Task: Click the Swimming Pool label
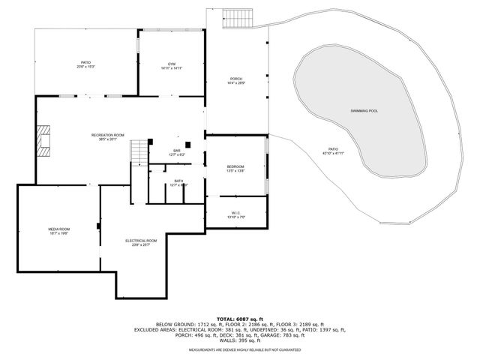click(x=363, y=110)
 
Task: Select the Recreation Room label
click(x=108, y=135)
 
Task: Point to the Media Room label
click(x=59, y=229)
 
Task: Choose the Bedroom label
click(x=235, y=166)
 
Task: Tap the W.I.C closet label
click(x=236, y=213)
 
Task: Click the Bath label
click(x=178, y=180)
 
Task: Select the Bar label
click(x=177, y=151)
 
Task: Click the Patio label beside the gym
click(x=85, y=63)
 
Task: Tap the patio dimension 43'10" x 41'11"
click(x=332, y=153)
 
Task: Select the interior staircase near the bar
click(x=139, y=153)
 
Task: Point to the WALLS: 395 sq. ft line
click(x=239, y=340)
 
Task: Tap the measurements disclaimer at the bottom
click(x=239, y=349)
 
